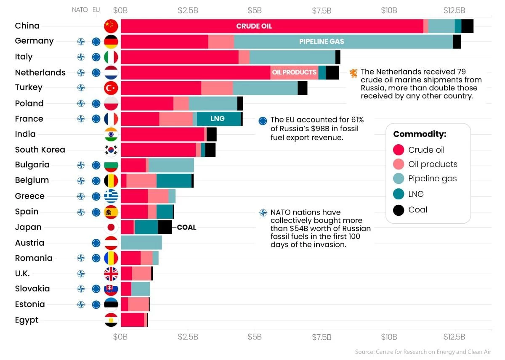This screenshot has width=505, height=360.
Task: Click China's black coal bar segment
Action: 467,26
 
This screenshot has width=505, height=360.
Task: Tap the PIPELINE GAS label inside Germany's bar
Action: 322,42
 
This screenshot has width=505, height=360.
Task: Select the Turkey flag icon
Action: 111,88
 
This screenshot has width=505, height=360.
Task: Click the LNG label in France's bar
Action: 218,119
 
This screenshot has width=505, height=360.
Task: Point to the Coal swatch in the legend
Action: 399,210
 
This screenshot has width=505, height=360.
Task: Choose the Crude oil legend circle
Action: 399,150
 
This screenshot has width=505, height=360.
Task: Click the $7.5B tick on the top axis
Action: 322,10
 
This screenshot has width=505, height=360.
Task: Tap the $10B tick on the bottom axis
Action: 388,337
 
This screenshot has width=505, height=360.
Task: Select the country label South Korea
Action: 40,150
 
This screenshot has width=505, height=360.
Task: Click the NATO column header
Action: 80,10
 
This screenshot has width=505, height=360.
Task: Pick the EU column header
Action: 96,10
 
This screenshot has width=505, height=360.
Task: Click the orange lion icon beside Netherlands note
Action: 353,73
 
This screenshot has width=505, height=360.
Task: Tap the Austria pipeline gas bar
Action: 141,243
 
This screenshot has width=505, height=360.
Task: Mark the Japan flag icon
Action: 111,228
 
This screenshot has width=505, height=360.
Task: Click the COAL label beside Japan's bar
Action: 186,228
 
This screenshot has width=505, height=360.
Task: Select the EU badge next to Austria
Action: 96,243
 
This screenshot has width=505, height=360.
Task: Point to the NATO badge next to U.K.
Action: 81,274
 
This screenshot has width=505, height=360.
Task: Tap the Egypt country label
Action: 27,320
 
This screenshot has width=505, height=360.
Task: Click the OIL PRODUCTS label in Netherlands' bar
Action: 294,72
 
